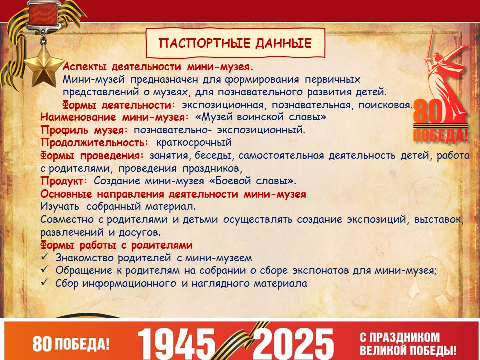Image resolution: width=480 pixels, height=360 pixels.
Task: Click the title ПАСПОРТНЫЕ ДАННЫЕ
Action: point(235,43)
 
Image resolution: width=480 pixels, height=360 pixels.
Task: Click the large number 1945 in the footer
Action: point(176,343)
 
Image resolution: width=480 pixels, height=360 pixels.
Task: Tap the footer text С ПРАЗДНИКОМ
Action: point(399,337)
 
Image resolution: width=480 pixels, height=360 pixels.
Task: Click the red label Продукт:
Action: point(64,181)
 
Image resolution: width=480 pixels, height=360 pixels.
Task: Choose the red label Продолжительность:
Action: point(95,142)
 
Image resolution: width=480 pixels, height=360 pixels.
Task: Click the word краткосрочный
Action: point(194,143)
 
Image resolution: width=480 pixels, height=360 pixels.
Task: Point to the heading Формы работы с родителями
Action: point(116,245)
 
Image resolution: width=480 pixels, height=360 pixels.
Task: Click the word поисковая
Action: point(385,105)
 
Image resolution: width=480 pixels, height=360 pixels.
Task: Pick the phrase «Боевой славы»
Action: point(251,181)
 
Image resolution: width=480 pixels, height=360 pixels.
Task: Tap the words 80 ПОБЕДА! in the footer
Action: point(71,344)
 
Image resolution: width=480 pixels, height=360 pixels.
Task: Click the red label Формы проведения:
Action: point(92,155)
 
